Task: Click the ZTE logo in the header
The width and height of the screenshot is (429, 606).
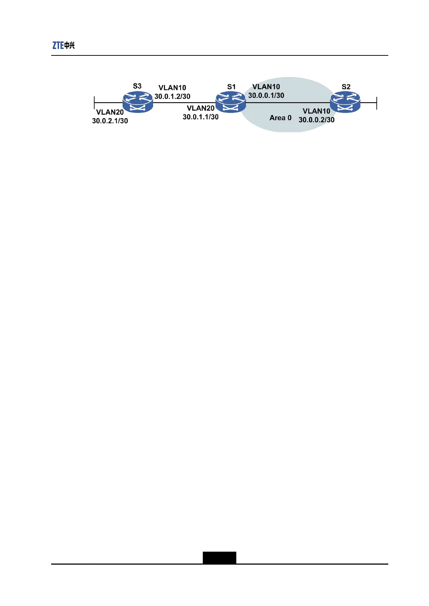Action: pos(63,45)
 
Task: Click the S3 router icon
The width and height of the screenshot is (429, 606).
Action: pos(138,101)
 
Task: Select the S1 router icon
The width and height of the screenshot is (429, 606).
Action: pos(231,102)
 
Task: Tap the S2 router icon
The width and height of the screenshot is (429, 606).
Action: pos(345,102)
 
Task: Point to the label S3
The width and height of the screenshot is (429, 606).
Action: pos(137,86)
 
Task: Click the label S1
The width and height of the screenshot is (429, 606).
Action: pos(231,87)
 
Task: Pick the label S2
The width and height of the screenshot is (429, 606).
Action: pos(346,87)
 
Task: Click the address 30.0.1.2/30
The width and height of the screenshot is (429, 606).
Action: pos(173,96)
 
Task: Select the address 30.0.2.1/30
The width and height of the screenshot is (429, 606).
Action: pos(110,121)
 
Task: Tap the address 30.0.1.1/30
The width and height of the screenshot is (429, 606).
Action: pos(201,117)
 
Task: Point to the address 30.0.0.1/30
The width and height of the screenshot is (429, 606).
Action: pos(266,95)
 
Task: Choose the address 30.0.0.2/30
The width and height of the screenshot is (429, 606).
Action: pos(317,120)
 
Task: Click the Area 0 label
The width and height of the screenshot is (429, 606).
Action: pos(280,118)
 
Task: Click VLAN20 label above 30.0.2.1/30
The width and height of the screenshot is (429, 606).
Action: pos(110,112)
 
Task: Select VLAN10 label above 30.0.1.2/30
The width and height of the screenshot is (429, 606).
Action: pos(172,88)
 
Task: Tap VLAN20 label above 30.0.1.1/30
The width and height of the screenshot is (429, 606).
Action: pos(201,108)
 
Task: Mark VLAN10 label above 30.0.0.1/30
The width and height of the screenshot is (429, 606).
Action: pos(266,87)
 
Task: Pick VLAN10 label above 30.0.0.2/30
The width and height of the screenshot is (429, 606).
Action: pos(316,111)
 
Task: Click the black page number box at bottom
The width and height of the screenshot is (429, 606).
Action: pos(219,557)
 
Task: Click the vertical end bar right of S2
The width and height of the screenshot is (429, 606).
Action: pos(376,103)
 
